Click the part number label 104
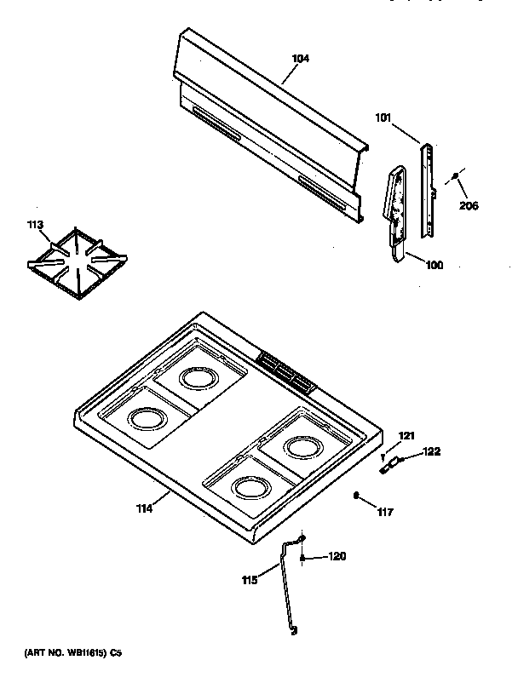pos(300,59)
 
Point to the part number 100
pos(434,265)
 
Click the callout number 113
pos(33,226)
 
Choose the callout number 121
pos(406,436)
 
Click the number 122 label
pos(432,452)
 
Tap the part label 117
pos(386,512)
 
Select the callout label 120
pos(337,557)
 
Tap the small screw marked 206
pos(457,176)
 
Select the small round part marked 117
pos(356,495)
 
